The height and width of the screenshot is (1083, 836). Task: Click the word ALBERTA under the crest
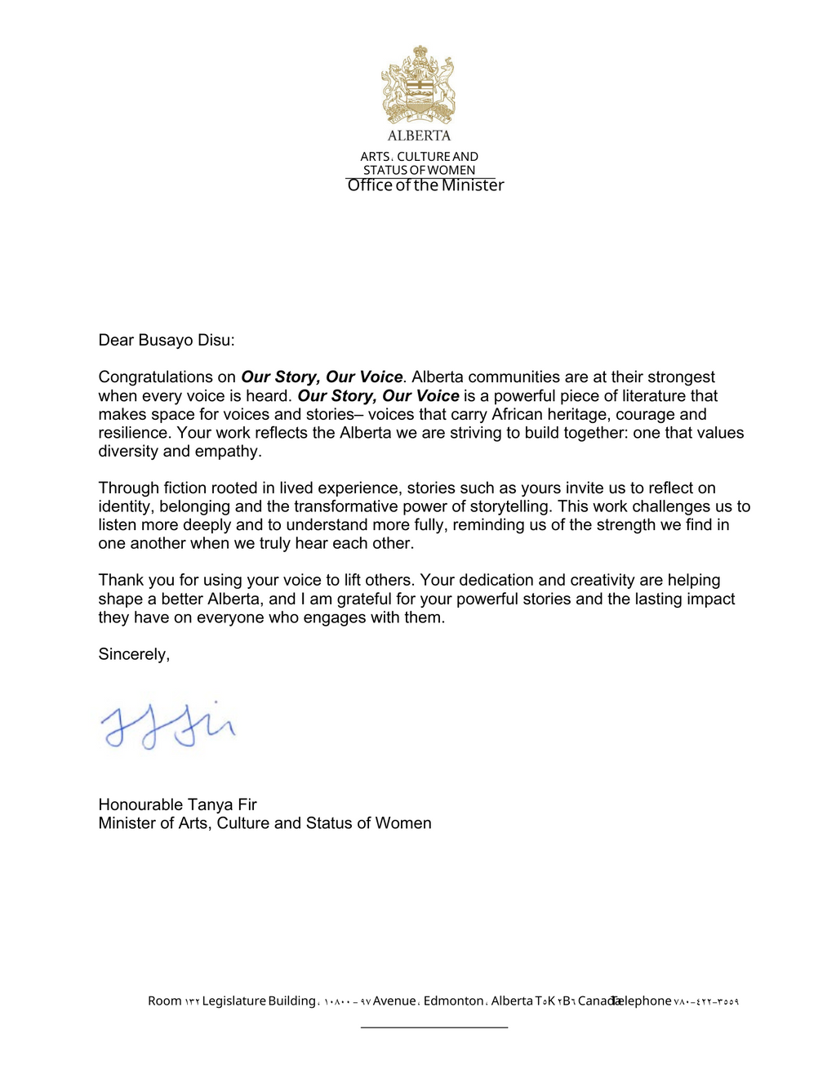point(419,136)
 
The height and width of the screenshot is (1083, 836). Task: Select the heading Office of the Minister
point(425,185)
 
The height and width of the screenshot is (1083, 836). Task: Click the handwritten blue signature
point(168,725)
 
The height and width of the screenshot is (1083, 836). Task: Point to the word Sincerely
point(134,654)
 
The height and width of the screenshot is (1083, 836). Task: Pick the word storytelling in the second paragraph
point(509,506)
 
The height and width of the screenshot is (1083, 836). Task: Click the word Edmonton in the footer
point(453,1001)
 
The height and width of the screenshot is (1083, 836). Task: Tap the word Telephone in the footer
point(642,1001)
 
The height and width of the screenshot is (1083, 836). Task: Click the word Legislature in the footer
point(233,1001)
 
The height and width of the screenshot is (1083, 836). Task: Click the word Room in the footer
point(165,1001)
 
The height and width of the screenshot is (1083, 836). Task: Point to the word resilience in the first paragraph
point(135,433)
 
